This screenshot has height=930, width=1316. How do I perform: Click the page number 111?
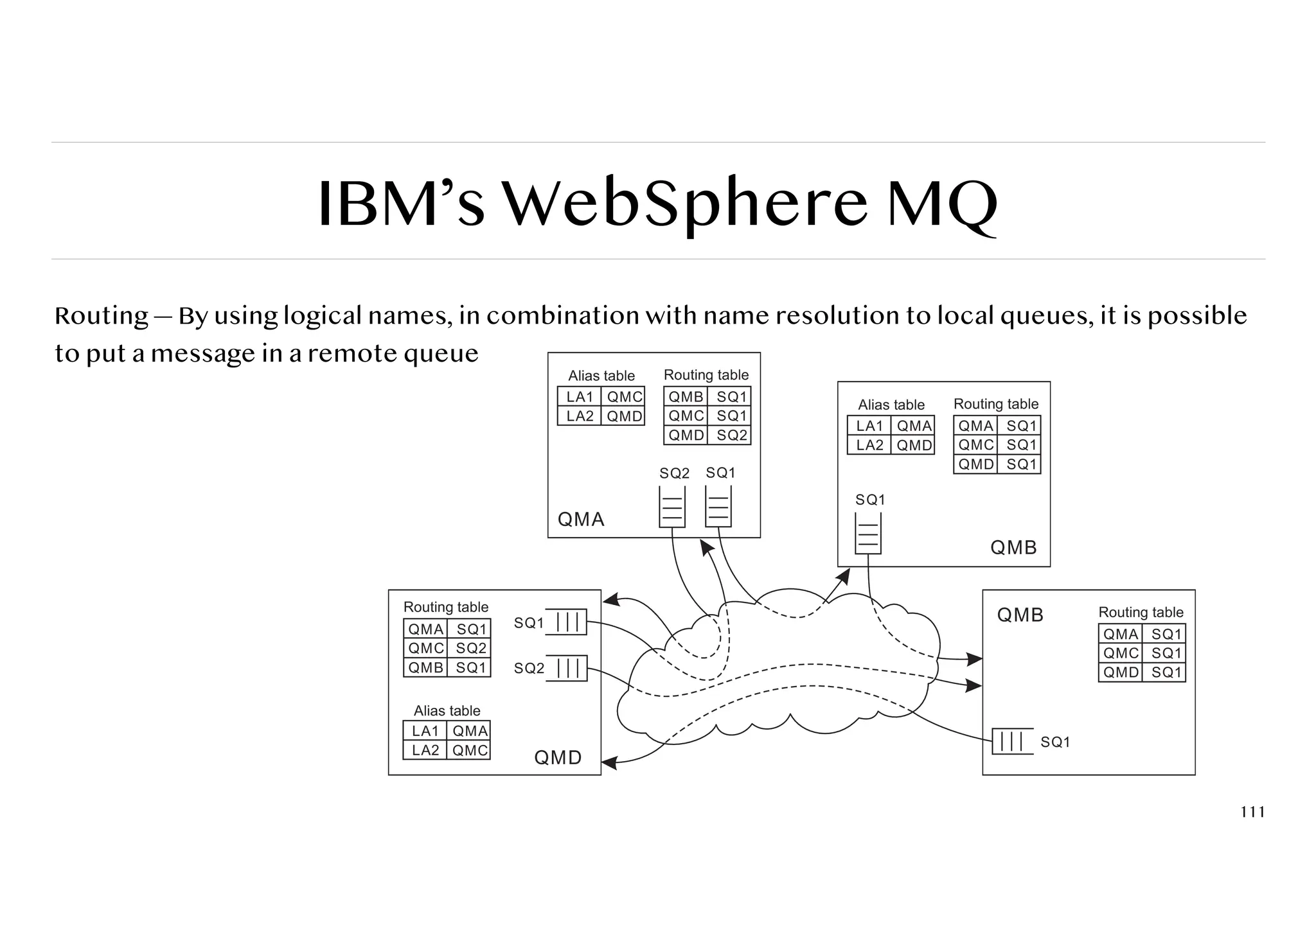(1252, 812)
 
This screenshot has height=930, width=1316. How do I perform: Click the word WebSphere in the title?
(684, 204)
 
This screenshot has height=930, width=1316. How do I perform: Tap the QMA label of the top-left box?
(581, 519)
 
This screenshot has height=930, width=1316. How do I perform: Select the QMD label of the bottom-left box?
(558, 758)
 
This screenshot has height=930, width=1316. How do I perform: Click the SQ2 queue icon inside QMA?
(672, 507)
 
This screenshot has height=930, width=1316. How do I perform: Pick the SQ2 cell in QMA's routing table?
(732, 435)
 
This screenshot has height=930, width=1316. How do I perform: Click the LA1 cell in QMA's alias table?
(579, 397)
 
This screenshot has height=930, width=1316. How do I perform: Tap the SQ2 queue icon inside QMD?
(567, 668)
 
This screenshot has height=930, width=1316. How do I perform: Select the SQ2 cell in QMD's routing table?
(471, 648)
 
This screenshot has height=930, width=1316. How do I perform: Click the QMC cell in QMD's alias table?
(470, 750)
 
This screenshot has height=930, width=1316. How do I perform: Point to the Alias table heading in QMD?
(447, 710)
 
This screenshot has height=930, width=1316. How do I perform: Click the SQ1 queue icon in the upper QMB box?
(868, 534)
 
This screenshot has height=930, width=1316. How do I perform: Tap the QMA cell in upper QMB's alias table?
(914, 426)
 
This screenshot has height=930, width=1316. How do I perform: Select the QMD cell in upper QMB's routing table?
(975, 464)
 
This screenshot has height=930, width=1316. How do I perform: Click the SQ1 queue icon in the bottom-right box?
(1012, 741)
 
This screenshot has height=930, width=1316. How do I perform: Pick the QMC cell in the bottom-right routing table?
(1121, 653)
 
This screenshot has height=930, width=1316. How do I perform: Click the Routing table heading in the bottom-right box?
(1141, 612)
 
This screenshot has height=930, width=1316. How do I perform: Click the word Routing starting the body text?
(102, 316)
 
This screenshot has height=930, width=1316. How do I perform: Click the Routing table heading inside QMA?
(706, 374)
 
